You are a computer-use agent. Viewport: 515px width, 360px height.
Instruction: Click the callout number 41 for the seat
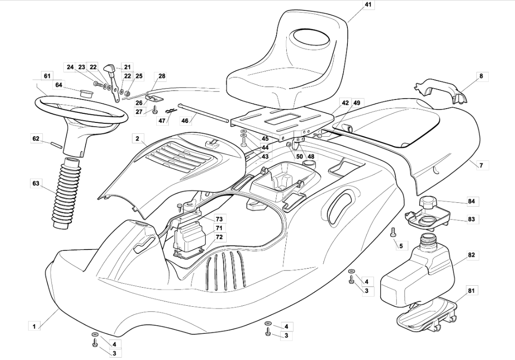[367, 5]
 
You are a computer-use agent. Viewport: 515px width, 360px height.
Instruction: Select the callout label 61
[47, 76]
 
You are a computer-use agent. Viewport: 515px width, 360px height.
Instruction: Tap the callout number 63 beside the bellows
[36, 182]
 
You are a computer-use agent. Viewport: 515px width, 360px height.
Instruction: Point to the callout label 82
[471, 255]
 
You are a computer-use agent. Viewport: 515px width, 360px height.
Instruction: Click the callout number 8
[481, 76]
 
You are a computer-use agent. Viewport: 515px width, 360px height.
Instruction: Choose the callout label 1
[34, 326]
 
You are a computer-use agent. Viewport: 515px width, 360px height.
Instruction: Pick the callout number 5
[401, 246]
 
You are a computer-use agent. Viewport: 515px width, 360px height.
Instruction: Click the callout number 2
[137, 139]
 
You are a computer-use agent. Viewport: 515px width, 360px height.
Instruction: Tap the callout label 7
[481, 165]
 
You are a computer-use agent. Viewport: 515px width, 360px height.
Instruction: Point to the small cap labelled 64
[86, 92]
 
